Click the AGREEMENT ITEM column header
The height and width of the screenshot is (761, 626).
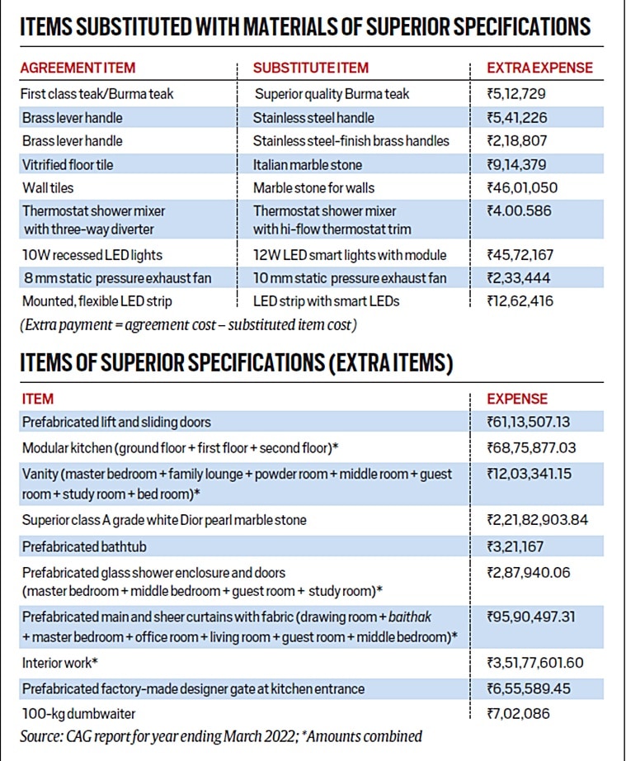pos(78,68)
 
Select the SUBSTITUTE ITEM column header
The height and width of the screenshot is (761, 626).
pos(311,68)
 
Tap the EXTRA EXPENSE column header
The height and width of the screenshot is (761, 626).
pos(539,68)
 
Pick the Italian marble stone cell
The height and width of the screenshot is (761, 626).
pos(308,164)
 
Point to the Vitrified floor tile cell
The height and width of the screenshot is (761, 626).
pos(68,164)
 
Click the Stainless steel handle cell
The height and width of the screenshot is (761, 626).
pos(313,117)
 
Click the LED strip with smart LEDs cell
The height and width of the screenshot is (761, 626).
pos(327,300)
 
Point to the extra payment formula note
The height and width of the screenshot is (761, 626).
pos(188,325)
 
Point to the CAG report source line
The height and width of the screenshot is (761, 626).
pos(221,735)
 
